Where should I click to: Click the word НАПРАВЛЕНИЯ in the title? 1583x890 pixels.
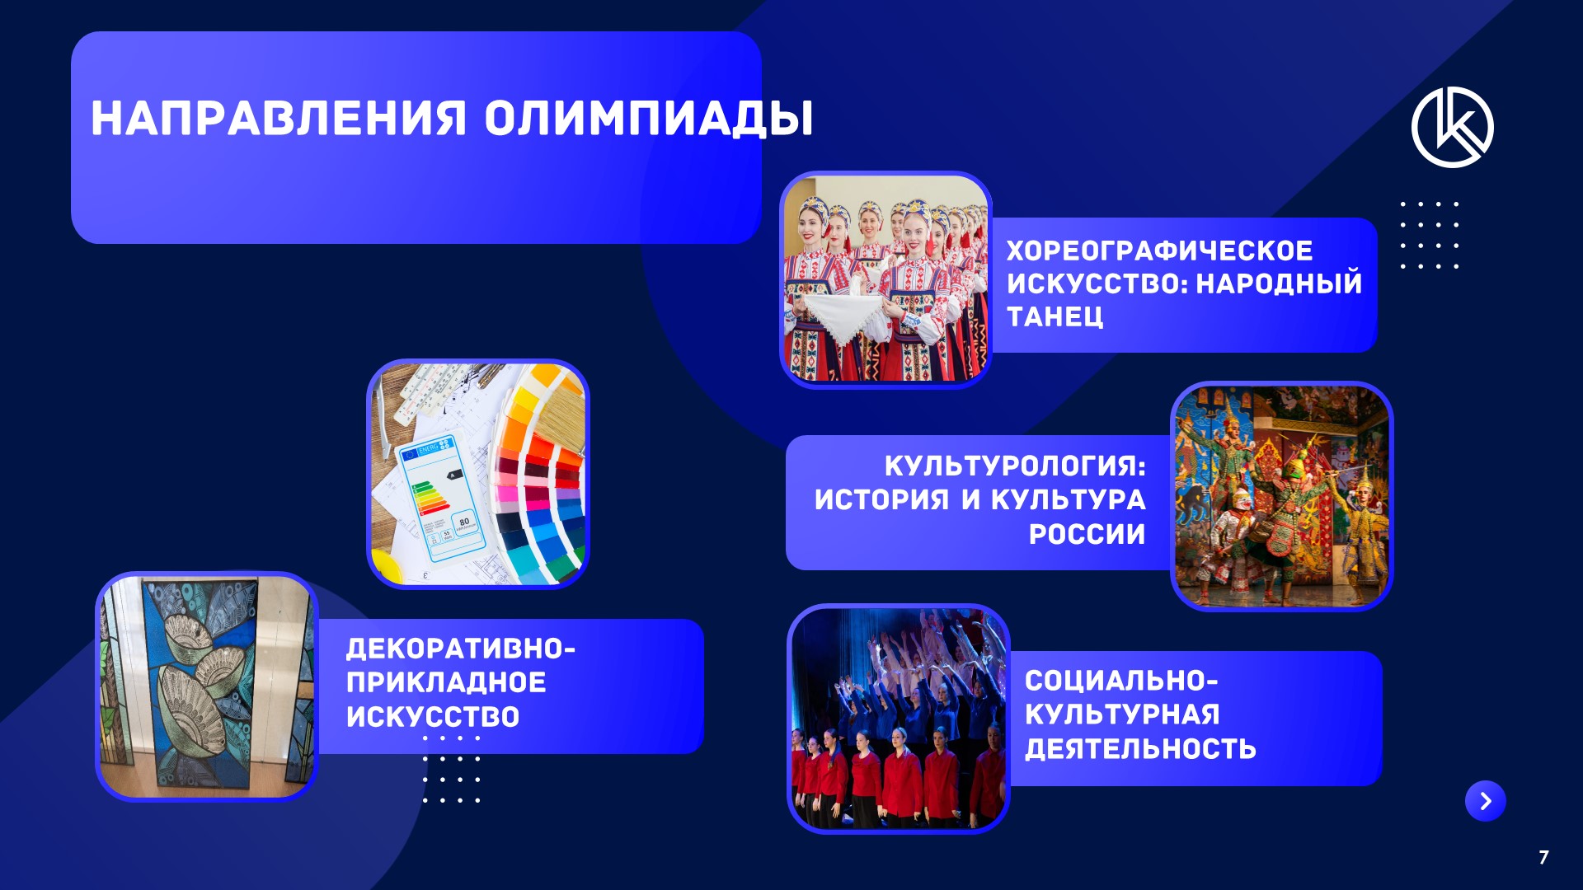[x=279, y=119]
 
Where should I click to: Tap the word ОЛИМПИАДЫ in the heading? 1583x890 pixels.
[x=649, y=119]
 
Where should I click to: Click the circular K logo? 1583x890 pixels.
[x=1453, y=127]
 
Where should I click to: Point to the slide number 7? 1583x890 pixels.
[x=1543, y=857]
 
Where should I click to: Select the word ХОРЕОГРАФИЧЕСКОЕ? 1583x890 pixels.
[x=1159, y=251]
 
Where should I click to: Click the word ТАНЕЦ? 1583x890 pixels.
[x=1055, y=316]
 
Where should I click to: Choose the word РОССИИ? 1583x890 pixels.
[x=1087, y=534]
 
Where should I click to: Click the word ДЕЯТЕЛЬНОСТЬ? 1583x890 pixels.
[x=1140, y=748]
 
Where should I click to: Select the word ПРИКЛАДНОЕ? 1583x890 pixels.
[x=446, y=682]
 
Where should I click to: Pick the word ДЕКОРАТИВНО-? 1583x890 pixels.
[x=461, y=649]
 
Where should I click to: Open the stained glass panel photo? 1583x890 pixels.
[x=207, y=686]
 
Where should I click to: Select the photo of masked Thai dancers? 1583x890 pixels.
[x=1281, y=496]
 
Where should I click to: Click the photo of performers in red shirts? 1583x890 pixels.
[x=899, y=719]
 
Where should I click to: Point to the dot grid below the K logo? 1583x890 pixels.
[x=1430, y=235]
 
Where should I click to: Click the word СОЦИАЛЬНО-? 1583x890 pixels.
[x=1121, y=681]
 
